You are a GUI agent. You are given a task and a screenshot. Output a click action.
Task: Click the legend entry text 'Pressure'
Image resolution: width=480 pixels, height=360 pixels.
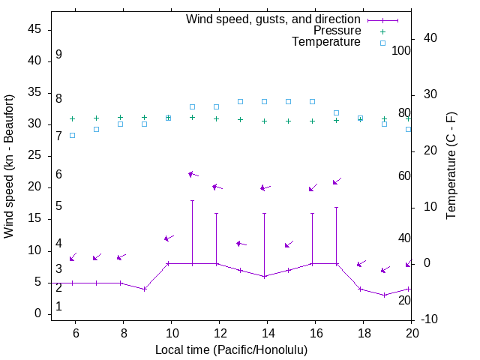click(x=337, y=31)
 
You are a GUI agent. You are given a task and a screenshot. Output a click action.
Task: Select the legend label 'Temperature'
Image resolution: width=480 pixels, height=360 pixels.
click(x=326, y=42)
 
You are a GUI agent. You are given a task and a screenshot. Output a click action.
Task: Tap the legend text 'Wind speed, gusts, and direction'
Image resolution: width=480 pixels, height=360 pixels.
click(x=274, y=19)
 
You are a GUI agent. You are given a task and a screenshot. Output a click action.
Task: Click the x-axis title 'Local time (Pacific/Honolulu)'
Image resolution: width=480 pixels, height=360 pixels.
click(x=231, y=350)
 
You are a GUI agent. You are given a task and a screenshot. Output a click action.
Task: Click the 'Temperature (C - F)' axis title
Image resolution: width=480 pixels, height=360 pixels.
click(x=451, y=166)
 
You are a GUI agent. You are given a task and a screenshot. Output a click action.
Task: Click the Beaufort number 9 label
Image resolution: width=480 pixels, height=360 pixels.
click(x=58, y=55)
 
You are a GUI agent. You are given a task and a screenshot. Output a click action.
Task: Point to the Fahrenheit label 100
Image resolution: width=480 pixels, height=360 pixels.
click(x=402, y=51)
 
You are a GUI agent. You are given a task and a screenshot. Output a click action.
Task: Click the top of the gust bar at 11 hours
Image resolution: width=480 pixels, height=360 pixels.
click(x=192, y=201)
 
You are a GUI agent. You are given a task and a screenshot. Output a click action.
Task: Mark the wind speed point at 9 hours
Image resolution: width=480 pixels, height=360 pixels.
click(x=144, y=289)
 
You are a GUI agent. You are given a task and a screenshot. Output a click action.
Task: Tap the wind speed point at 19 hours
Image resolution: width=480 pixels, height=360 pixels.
click(x=384, y=295)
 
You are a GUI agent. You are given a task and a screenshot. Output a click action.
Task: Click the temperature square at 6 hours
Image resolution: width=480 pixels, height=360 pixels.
click(x=72, y=135)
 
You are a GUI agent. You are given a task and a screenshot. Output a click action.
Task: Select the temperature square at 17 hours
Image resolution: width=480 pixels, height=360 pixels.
click(x=336, y=112)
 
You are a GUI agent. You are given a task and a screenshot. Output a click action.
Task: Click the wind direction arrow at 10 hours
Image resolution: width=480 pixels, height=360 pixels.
click(x=169, y=238)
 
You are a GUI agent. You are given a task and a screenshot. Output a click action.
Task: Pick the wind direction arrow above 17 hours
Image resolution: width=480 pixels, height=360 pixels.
click(x=337, y=181)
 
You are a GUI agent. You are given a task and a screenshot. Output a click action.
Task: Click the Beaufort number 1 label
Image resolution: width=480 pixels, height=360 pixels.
click(x=58, y=307)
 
